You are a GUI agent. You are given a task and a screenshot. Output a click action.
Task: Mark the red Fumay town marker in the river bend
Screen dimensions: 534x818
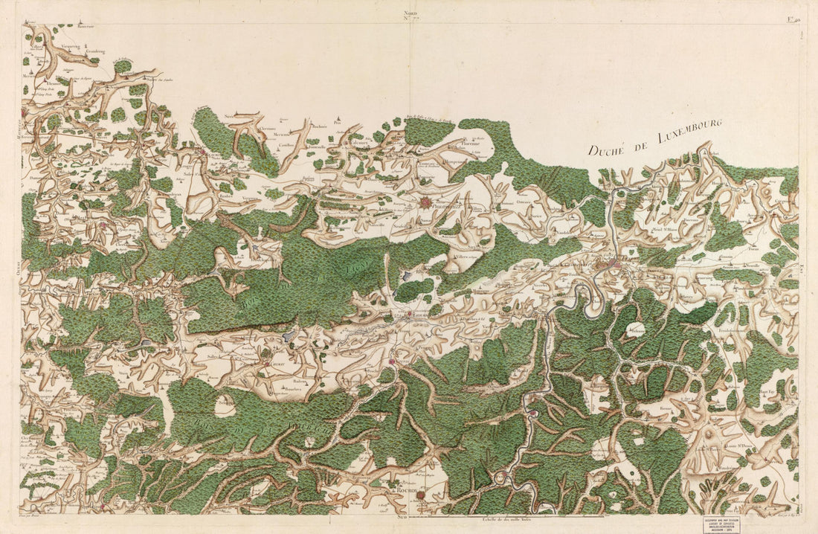[533, 414]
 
